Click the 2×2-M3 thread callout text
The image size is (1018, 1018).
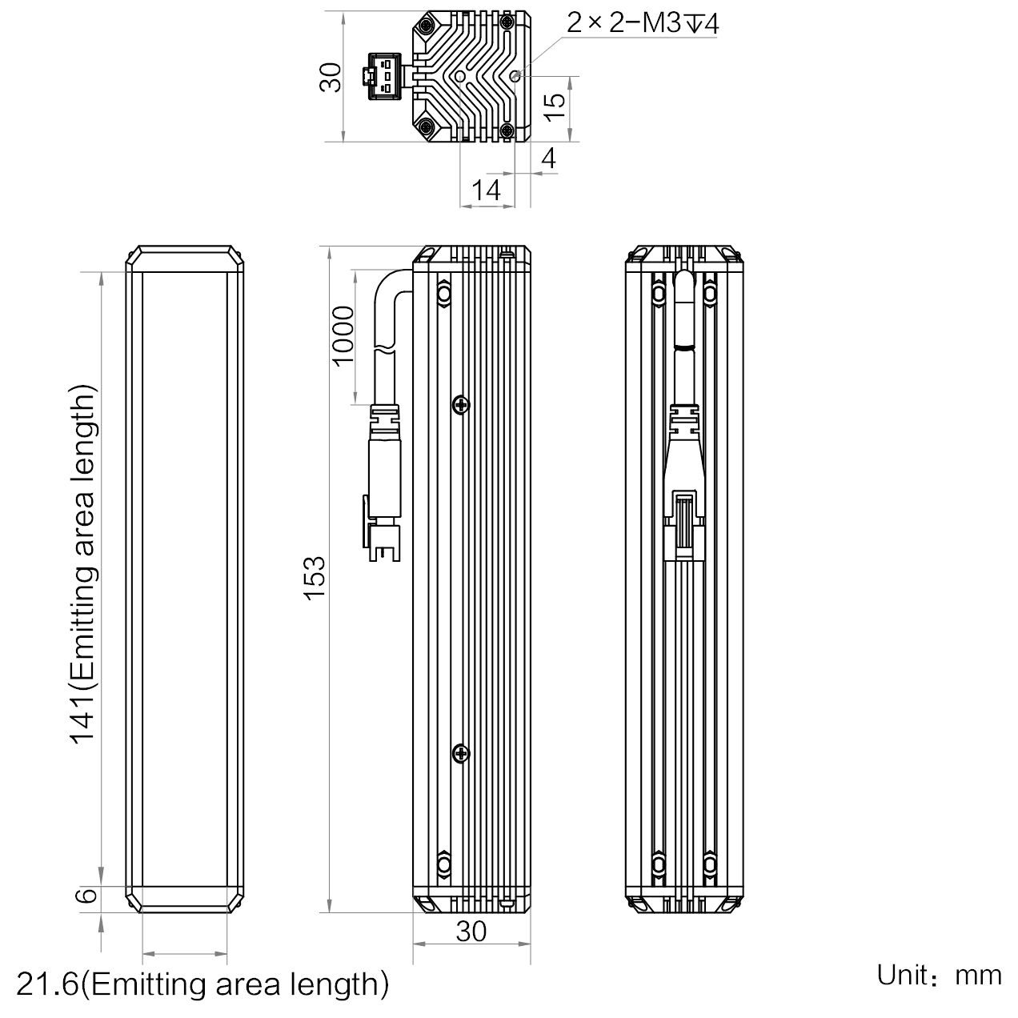(643, 22)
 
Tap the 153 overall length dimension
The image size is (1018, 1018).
(315, 578)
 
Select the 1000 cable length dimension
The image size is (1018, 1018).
(343, 335)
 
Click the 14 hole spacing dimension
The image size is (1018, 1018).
(486, 190)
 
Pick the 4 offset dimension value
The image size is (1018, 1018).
(549, 158)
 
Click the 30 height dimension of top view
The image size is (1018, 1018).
(331, 77)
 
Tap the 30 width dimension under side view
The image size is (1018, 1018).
(471, 932)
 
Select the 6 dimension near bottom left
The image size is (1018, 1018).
(86, 895)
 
